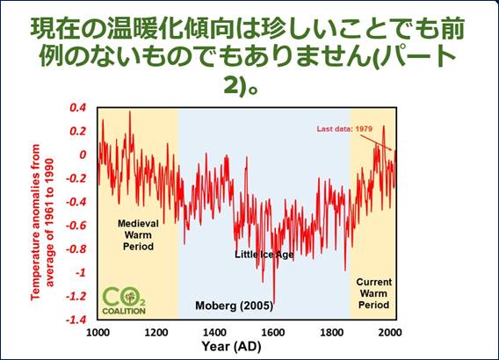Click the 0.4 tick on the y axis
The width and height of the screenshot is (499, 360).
[x=77, y=108]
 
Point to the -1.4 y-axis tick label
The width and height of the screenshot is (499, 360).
[x=76, y=320]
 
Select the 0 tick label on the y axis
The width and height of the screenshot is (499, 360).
[x=83, y=155]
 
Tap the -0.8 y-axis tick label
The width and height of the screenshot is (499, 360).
[x=76, y=249]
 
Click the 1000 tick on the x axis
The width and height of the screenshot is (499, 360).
[x=98, y=333]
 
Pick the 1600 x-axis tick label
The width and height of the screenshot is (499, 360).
[x=273, y=333]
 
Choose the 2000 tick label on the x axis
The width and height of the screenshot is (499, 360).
[x=390, y=333]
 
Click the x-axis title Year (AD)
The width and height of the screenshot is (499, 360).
[x=231, y=346]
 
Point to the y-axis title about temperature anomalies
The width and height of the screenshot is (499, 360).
[x=41, y=221]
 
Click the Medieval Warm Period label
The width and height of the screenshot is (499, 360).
[x=138, y=235]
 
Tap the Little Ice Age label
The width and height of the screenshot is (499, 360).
[x=264, y=255]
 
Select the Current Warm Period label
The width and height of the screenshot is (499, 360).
[x=374, y=293]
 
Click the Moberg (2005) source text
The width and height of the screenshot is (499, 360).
[x=235, y=306]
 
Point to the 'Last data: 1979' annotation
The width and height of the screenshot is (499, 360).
[x=344, y=129]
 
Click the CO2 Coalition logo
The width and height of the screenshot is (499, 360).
[x=124, y=301]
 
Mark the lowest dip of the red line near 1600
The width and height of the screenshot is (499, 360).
[x=274, y=301]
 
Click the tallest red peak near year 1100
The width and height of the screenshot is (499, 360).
[x=129, y=112]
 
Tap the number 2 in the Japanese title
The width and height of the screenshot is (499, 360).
[x=231, y=85]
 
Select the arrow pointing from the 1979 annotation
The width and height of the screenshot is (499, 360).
[x=376, y=142]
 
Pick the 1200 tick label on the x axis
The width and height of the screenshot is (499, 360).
[x=156, y=333]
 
